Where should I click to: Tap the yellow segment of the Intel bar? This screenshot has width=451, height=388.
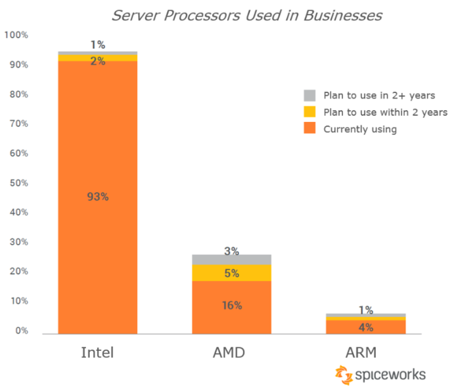click(x=98, y=58)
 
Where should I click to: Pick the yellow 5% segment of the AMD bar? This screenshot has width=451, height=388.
click(x=231, y=273)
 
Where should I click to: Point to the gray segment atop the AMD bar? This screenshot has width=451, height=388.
click(x=231, y=259)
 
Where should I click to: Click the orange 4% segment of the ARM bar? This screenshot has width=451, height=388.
click(x=365, y=326)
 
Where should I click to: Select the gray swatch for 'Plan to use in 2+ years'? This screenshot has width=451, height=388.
click(x=309, y=95)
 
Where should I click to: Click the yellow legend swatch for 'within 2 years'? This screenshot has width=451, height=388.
click(x=309, y=112)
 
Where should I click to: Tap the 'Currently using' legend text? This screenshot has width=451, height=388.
click(x=360, y=129)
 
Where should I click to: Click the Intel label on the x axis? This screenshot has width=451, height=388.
click(x=98, y=354)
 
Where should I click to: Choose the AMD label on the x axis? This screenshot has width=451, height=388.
click(x=231, y=354)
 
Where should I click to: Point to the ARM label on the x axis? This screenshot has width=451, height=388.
click(x=365, y=354)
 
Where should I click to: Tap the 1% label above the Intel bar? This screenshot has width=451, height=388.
click(x=98, y=45)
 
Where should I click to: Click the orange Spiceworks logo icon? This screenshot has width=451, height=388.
click(x=344, y=375)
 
